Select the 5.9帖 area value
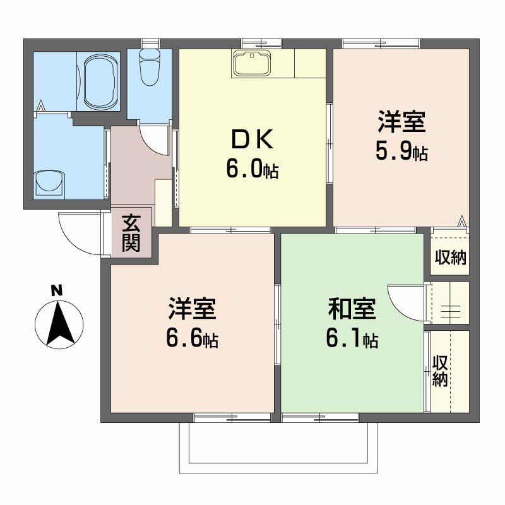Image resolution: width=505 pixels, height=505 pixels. click(x=402, y=151)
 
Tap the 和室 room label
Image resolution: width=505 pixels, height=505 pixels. click(x=352, y=309)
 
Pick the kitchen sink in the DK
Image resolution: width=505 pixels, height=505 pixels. click(x=252, y=63)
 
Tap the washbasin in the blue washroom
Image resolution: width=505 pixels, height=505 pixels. click(x=49, y=182)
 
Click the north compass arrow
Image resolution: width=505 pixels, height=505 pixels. click(x=57, y=323)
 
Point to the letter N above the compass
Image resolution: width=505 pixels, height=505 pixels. click(x=57, y=291)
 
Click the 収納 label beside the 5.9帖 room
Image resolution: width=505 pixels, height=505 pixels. click(x=450, y=258)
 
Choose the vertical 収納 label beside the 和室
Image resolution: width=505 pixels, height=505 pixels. click(x=441, y=371)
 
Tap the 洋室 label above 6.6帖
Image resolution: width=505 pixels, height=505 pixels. click(x=193, y=309)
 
